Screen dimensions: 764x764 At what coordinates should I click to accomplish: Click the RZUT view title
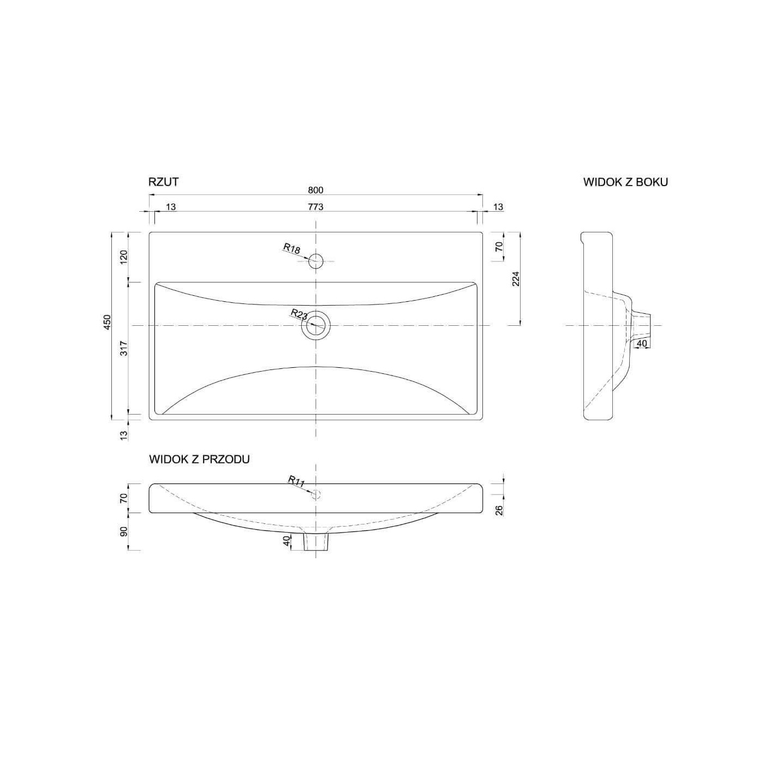pyautogui.click(x=163, y=182)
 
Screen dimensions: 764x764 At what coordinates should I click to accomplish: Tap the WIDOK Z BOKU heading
pyautogui.click(x=625, y=182)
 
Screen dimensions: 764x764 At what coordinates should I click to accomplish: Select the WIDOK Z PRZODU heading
pyautogui.click(x=199, y=459)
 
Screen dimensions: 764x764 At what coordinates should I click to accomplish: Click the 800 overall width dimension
pyautogui.click(x=315, y=190)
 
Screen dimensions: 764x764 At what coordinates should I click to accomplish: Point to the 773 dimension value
pyautogui.click(x=315, y=207)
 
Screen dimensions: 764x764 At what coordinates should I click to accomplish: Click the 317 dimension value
pyautogui.click(x=124, y=348)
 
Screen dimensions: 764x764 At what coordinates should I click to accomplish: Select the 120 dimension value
pyautogui.click(x=124, y=257)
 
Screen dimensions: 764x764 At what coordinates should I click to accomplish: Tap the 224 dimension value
pyautogui.click(x=516, y=279)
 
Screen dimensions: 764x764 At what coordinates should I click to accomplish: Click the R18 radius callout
pyautogui.click(x=291, y=248)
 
